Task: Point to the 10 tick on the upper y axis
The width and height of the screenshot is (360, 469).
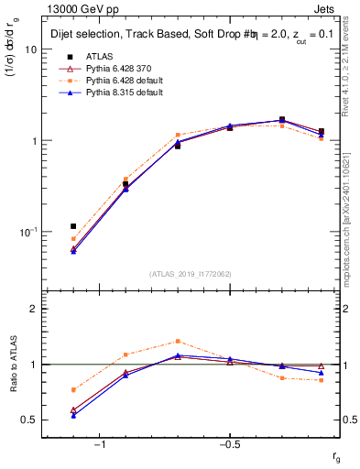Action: pos(29,49)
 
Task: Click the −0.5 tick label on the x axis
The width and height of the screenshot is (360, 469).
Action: pos(228,444)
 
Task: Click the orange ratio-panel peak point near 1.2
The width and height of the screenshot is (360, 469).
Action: pos(178,341)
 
